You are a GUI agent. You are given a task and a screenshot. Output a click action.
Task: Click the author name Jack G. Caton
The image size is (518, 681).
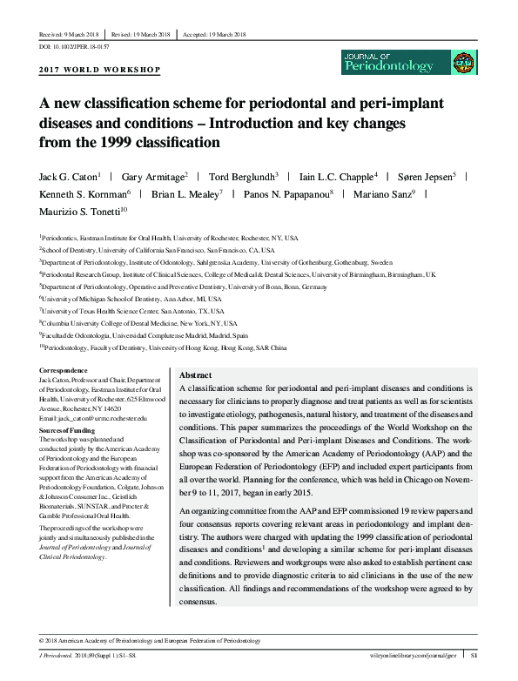click(x=66, y=176)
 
